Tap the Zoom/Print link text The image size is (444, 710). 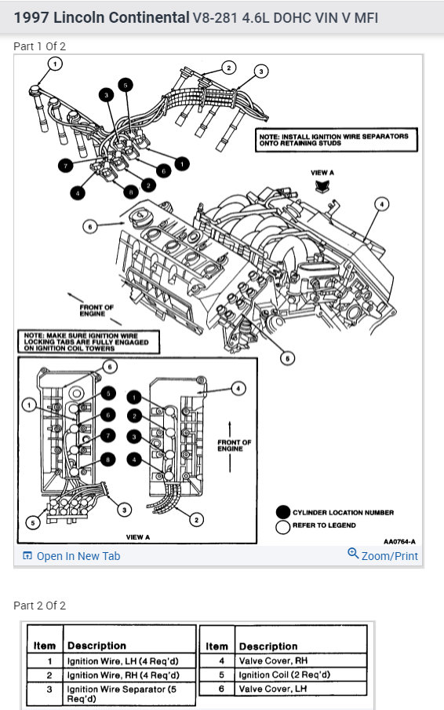coord(389,556)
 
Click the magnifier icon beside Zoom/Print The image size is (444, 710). coord(353,554)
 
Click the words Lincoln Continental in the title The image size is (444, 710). coord(121,17)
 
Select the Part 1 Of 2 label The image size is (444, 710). coord(40,46)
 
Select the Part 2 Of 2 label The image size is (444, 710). coord(40,606)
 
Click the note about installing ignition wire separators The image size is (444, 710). coord(337,140)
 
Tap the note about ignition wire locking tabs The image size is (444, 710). coord(89,342)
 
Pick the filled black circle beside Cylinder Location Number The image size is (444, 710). coord(283,512)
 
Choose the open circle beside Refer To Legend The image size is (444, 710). coord(283,527)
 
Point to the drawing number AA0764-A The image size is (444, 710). coord(400,542)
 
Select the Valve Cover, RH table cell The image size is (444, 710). coord(300,661)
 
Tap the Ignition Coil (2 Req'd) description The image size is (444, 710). coord(300,675)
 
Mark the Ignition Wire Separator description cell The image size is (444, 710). coord(129,694)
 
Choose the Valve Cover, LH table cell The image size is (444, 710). coord(300,689)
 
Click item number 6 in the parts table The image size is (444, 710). coord(221,689)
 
